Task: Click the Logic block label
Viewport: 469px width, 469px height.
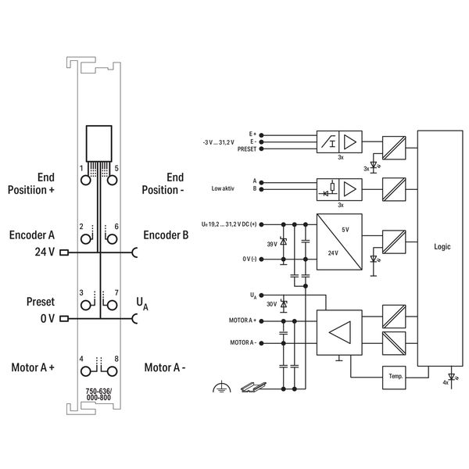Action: tap(442, 247)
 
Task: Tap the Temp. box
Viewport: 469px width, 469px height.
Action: tap(394, 378)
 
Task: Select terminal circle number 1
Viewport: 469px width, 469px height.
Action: tap(86, 180)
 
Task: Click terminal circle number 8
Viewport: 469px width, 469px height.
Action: tap(112, 371)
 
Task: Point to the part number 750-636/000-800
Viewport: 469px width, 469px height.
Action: tap(98, 394)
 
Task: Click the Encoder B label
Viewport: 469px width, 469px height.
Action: tap(166, 235)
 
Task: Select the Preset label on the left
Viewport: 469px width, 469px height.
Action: tap(41, 302)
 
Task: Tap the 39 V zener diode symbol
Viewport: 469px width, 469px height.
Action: tap(283, 242)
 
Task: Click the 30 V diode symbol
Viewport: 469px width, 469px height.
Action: tap(283, 305)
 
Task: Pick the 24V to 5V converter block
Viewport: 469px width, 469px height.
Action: tap(339, 242)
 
